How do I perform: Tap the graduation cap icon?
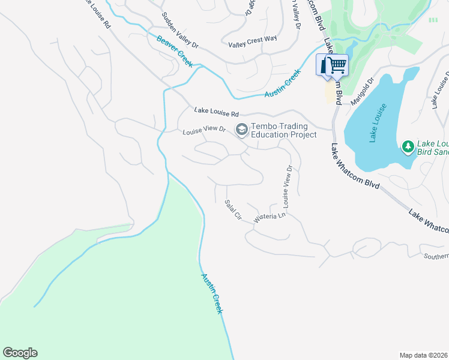point(241,130)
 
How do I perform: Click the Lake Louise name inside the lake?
point(377,124)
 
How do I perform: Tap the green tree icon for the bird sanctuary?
point(408,146)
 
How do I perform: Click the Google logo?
point(20,353)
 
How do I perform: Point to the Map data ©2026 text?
point(423,355)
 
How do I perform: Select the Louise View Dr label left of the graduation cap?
point(204,130)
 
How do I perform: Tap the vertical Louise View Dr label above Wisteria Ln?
point(288,187)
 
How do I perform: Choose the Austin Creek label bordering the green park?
point(211,293)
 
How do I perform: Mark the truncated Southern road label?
point(436,256)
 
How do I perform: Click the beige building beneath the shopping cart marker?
point(330,92)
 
